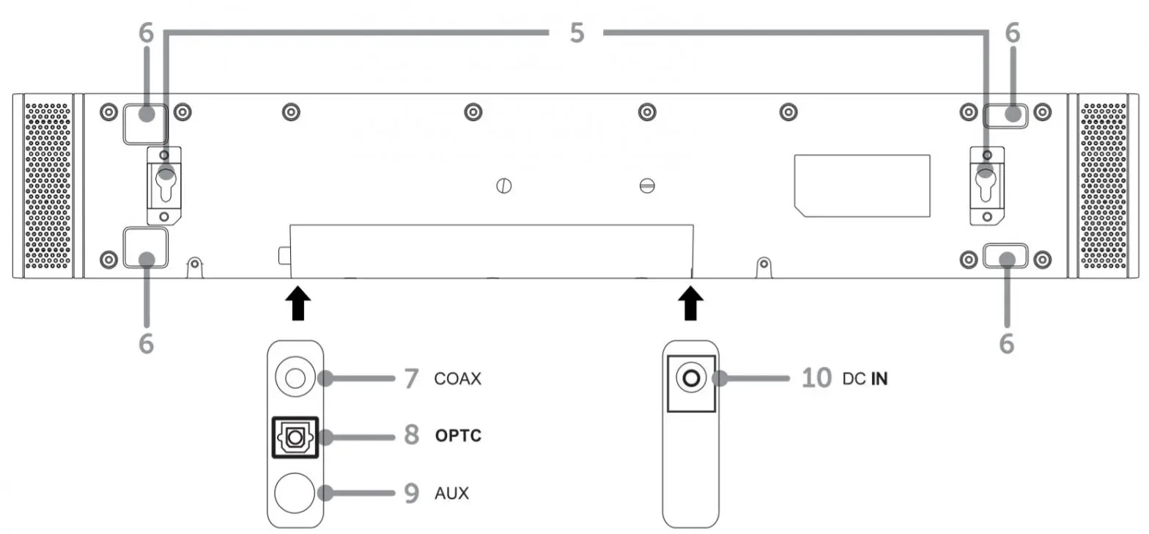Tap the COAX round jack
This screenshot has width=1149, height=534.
(x=295, y=378)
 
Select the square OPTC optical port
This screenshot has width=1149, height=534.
(x=295, y=437)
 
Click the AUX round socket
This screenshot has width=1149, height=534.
(x=295, y=492)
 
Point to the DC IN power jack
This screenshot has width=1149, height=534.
(x=691, y=379)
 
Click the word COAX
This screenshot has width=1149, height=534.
(x=457, y=380)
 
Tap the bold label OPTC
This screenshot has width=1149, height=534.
(x=458, y=436)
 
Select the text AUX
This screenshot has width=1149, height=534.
(x=451, y=493)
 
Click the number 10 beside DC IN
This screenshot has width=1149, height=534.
(x=816, y=379)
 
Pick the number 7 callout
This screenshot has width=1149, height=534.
(x=411, y=379)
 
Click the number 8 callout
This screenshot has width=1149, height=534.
(x=411, y=436)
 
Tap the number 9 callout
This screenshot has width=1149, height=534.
(x=411, y=493)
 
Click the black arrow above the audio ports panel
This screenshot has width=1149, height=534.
(x=296, y=303)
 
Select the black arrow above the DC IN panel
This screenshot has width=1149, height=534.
(x=689, y=303)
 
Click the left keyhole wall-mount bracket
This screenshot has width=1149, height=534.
(x=164, y=185)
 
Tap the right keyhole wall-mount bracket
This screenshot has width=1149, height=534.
(x=986, y=185)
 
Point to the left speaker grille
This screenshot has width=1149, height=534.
(x=48, y=186)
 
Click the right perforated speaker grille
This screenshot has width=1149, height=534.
(x=1104, y=186)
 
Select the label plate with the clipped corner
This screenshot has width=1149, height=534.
(x=862, y=185)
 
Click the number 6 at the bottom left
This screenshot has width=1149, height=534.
(x=147, y=343)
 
